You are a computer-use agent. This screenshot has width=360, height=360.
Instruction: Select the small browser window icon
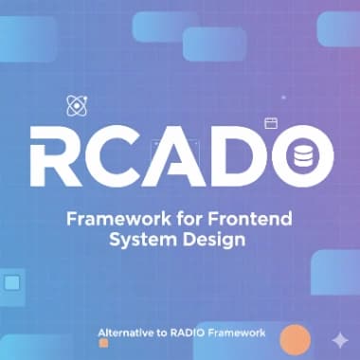point(270,122)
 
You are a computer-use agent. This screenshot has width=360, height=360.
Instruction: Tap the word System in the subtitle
point(141,240)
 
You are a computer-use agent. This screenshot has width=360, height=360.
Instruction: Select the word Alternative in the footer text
point(130,333)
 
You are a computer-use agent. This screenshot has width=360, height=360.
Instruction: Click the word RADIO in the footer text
point(197,333)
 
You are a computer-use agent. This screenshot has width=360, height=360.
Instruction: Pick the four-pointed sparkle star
point(340,339)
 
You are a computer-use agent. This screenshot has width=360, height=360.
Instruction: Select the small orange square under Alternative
point(103,343)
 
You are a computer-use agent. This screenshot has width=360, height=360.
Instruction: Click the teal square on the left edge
point(12,282)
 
